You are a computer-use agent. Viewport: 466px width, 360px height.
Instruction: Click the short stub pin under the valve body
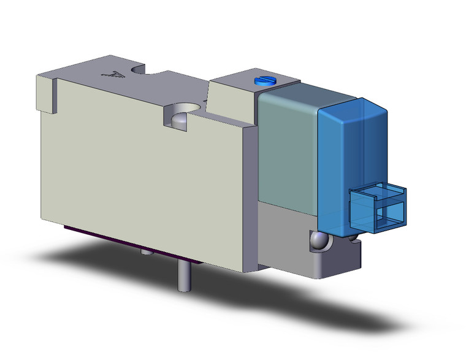pyautogui.click(x=144, y=252)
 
